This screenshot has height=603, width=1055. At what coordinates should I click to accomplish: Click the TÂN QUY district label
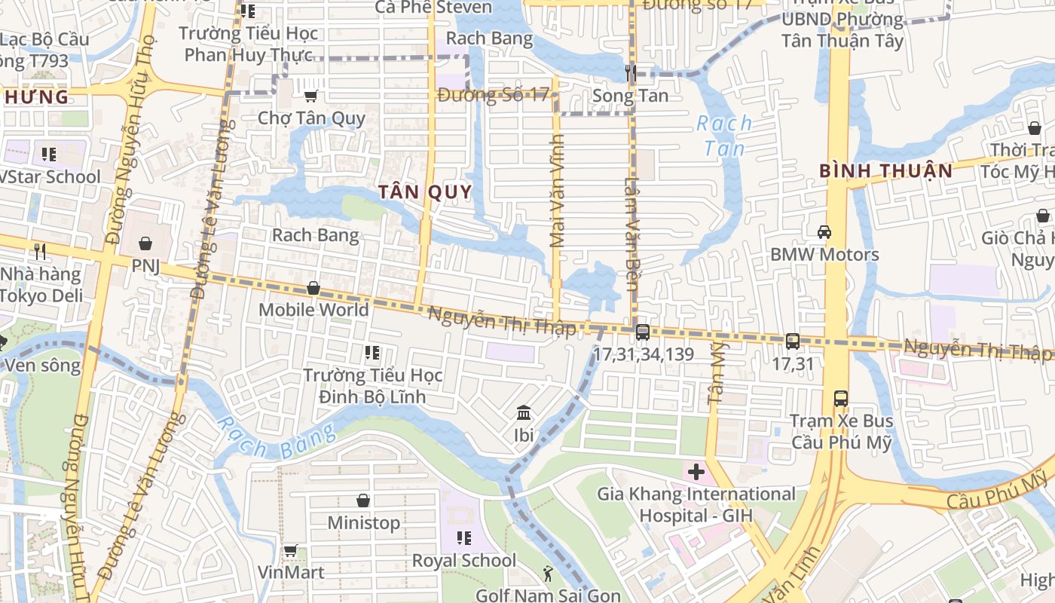coord(425,192)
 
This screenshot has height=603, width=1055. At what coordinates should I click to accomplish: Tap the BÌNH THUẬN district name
coord(886,171)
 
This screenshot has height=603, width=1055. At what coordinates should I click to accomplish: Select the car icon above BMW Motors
coord(824,232)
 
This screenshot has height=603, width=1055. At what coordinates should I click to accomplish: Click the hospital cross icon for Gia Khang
coord(696,473)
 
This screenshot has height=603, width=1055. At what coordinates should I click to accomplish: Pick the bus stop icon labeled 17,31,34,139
coord(643,332)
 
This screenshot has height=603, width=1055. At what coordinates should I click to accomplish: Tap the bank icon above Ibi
coord(524,412)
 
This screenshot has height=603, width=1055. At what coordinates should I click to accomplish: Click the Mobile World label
coord(313,310)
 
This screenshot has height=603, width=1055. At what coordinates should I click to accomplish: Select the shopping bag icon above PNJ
coord(145,243)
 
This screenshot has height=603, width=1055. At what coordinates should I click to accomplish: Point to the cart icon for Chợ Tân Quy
coord(310,96)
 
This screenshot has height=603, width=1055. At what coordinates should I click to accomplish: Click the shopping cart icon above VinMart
coord(291,550)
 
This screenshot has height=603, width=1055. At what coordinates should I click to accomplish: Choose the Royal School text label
coord(463,561)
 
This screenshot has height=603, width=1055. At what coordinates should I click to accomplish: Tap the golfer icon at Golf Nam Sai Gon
coord(548,574)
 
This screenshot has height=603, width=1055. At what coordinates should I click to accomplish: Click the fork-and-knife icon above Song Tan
coord(631,73)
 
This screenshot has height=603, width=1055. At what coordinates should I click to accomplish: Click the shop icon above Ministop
coord(363,500)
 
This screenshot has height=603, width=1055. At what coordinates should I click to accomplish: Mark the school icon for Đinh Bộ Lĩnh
coord(372,352)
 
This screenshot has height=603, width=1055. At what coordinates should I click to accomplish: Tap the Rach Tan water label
coord(724,136)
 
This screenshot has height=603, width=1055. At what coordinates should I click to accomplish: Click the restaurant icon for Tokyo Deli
coord(40,251)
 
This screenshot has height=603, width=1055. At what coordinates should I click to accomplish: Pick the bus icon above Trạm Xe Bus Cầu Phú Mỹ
coord(841,398)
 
